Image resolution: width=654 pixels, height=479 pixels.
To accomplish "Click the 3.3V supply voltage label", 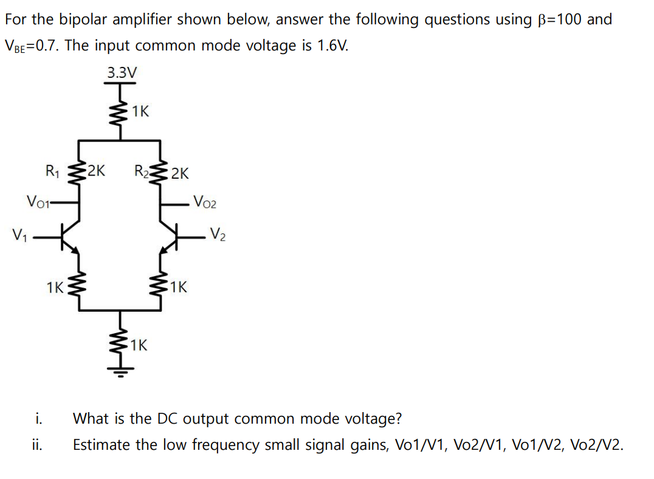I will pyautogui.click(x=122, y=73).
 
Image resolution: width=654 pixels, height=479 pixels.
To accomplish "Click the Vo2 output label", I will pyautogui.click(x=204, y=201).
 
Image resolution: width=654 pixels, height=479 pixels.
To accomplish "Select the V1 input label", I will pyautogui.click(x=18, y=233).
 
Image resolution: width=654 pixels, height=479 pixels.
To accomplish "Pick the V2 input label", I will pyautogui.click(x=218, y=233).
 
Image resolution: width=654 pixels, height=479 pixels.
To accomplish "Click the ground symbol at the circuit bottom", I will pyautogui.click(x=120, y=372).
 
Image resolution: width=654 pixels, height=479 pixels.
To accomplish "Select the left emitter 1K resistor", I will pyautogui.click(x=78, y=286).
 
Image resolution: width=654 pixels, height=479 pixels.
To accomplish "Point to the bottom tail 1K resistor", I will pyautogui.click(x=120, y=343).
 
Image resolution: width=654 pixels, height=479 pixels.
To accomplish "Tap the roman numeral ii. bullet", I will pyautogui.click(x=37, y=445).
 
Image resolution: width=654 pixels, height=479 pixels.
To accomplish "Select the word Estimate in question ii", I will pyautogui.click(x=98, y=445).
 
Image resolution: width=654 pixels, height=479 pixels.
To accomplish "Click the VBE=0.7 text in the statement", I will pyautogui.click(x=31, y=46).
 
